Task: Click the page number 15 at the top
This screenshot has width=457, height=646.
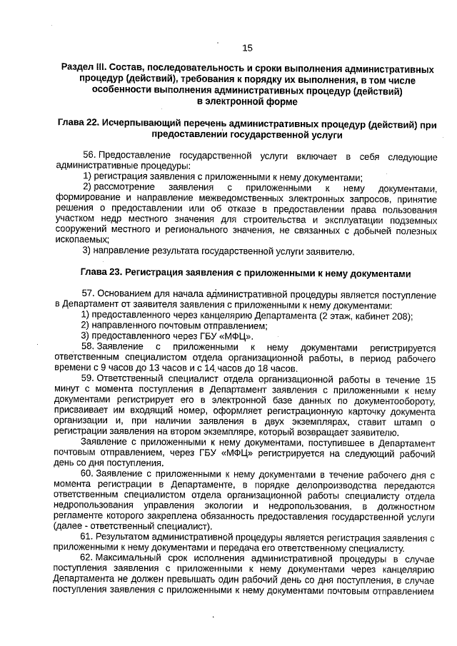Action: (x=248, y=48)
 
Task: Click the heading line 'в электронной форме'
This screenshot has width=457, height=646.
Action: (x=248, y=101)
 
